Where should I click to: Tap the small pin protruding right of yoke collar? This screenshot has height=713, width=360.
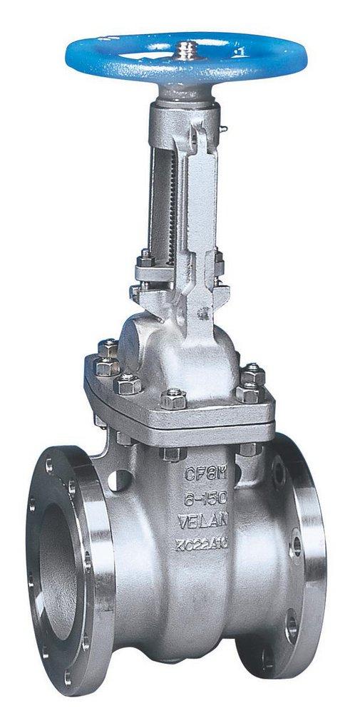click(x=224, y=129)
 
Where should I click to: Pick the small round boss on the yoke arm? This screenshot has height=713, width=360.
click(x=205, y=312)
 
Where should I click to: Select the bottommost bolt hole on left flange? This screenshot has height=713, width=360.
click(x=68, y=674)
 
